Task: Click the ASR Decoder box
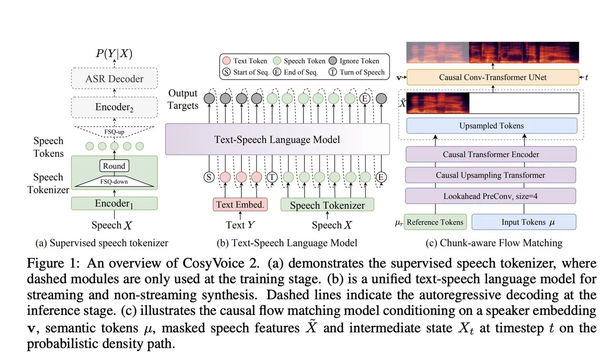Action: [x=114, y=79]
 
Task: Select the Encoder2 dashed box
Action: [x=114, y=107]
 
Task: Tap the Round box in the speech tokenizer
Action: [x=114, y=166]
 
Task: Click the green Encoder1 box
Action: [x=114, y=204]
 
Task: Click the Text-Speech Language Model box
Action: [x=277, y=139]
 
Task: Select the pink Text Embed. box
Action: [x=240, y=205]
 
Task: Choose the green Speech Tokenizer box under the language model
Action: [x=327, y=205]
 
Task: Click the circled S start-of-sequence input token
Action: [x=209, y=177]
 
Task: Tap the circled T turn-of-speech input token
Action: [x=272, y=177]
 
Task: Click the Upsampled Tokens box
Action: [x=491, y=126]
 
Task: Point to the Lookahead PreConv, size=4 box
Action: [x=491, y=196]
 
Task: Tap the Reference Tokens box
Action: [x=435, y=222]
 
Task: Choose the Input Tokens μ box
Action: [x=523, y=222]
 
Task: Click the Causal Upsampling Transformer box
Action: [x=491, y=175]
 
